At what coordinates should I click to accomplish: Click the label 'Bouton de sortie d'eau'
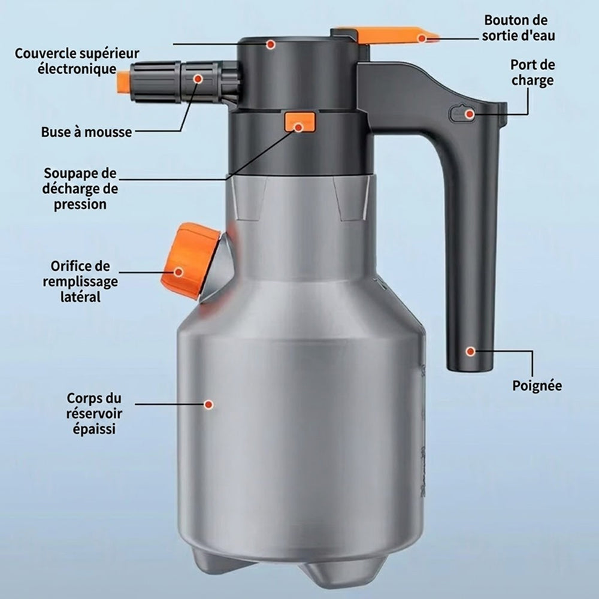coord(518,28)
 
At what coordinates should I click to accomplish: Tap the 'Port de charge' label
coord(533,72)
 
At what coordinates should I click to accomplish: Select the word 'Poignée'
coord(537,385)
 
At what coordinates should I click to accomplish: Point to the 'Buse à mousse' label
coord(86,132)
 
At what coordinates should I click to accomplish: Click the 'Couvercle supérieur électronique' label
coord(77,61)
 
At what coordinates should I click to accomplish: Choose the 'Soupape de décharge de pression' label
coord(80,189)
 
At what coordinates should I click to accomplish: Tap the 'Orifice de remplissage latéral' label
coord(80,282)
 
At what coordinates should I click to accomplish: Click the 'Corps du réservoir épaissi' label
coord(94,414)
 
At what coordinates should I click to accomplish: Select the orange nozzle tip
coord(123,83)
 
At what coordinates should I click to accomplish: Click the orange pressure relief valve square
coord(300,122)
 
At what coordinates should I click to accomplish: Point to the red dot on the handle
coord(470,351)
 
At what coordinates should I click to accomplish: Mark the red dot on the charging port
coord(470,114)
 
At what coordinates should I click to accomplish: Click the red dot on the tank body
coord(208,404)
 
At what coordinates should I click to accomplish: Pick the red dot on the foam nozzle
coord(198,78)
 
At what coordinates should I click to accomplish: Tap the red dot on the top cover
coord(271,44)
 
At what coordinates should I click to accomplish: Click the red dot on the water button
coord(422,38)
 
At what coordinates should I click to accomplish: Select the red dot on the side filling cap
coord(179,272)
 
